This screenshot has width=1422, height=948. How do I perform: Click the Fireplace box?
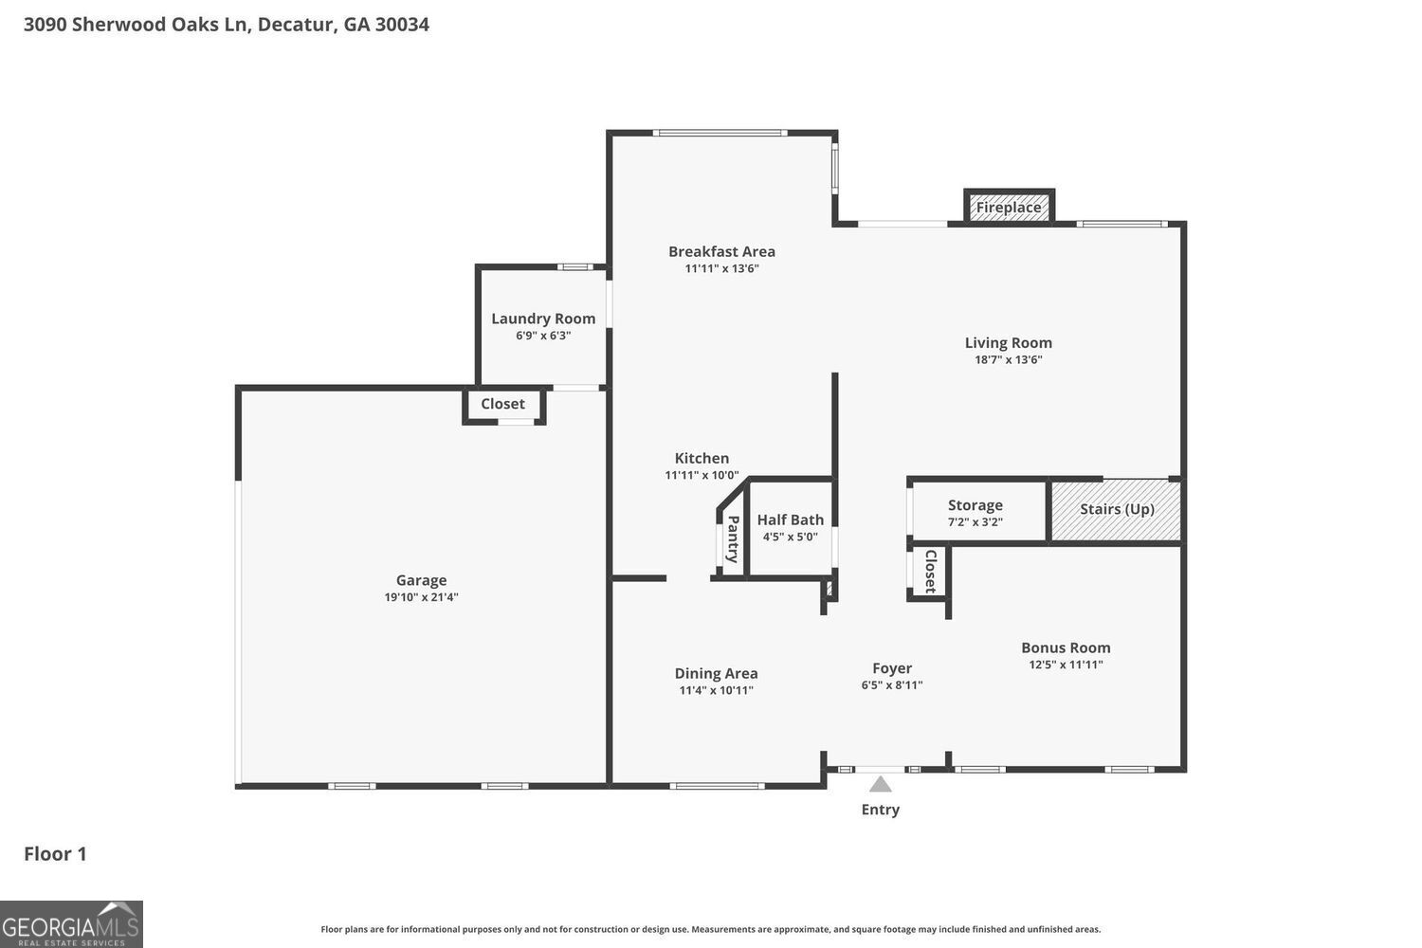(x=1009, y=207)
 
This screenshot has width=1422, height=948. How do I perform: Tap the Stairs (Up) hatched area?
(x=1117, y=510)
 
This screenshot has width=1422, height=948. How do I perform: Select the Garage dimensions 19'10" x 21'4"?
(x=421, y=597)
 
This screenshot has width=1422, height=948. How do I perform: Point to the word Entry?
(x=880, y=810)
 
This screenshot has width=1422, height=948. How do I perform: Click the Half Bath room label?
(x=791, y=520)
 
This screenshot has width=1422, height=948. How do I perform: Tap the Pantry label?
(x=733, y=539)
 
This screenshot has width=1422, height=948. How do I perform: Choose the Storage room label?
(x=975, y=505)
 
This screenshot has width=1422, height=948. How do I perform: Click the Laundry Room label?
(x=543, y=319)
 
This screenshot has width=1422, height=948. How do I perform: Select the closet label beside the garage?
(x=502, y=404)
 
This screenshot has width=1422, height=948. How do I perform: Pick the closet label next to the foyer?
(x=931, y=572)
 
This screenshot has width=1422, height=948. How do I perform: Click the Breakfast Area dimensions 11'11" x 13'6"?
(x=721, y=268)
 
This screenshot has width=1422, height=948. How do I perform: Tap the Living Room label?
(x=1008, y=343)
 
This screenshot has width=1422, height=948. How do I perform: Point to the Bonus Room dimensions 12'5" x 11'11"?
(x=1066, y=665)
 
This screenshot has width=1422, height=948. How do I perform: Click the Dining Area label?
(x=716, y=674)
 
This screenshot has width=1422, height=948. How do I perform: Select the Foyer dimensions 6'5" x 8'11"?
(x=892, y=685)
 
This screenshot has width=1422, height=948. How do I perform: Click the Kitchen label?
(x=702, y=459)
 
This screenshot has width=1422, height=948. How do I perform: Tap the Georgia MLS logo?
(x=71, y=924)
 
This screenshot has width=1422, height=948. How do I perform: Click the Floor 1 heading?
(x=55, y=854)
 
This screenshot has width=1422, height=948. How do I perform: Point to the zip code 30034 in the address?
(x=402, y=25)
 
